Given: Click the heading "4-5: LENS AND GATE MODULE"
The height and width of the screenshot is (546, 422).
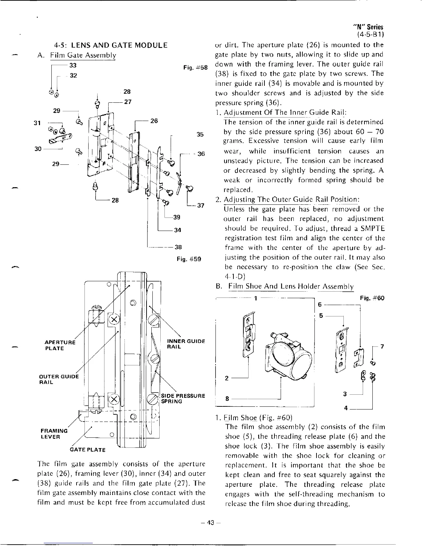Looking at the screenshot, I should click(x=111, y=45).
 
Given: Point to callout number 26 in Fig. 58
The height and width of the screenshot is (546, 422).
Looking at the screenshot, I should click(x=154, y=121).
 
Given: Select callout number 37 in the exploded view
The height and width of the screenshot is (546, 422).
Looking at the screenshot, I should click(x=201, y=205).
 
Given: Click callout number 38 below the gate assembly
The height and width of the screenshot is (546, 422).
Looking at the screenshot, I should click(x=178, y=247).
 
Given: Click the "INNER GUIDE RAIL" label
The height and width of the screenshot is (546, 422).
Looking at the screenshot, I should click(x=186, y=344).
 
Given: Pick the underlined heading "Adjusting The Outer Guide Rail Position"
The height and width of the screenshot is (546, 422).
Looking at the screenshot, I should click(x=292, y=200).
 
